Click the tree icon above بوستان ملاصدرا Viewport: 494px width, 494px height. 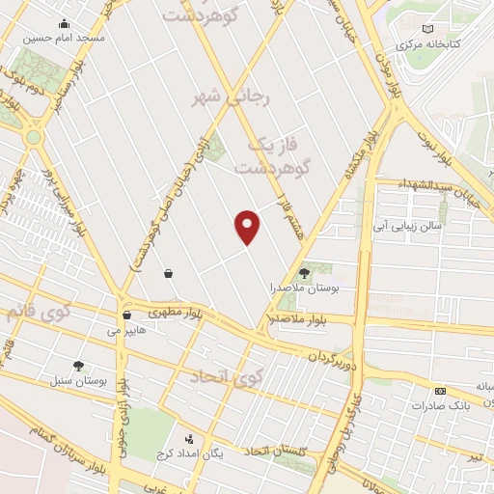point(306,272)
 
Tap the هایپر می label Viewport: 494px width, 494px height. point(125,331)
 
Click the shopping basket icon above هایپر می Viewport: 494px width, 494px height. point(126,315)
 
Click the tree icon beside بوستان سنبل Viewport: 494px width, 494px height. point(78,366)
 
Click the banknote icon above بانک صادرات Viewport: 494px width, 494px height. point(440,390)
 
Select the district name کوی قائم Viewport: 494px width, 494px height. point(39,315)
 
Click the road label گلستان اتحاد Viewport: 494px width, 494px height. point(274,450)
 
